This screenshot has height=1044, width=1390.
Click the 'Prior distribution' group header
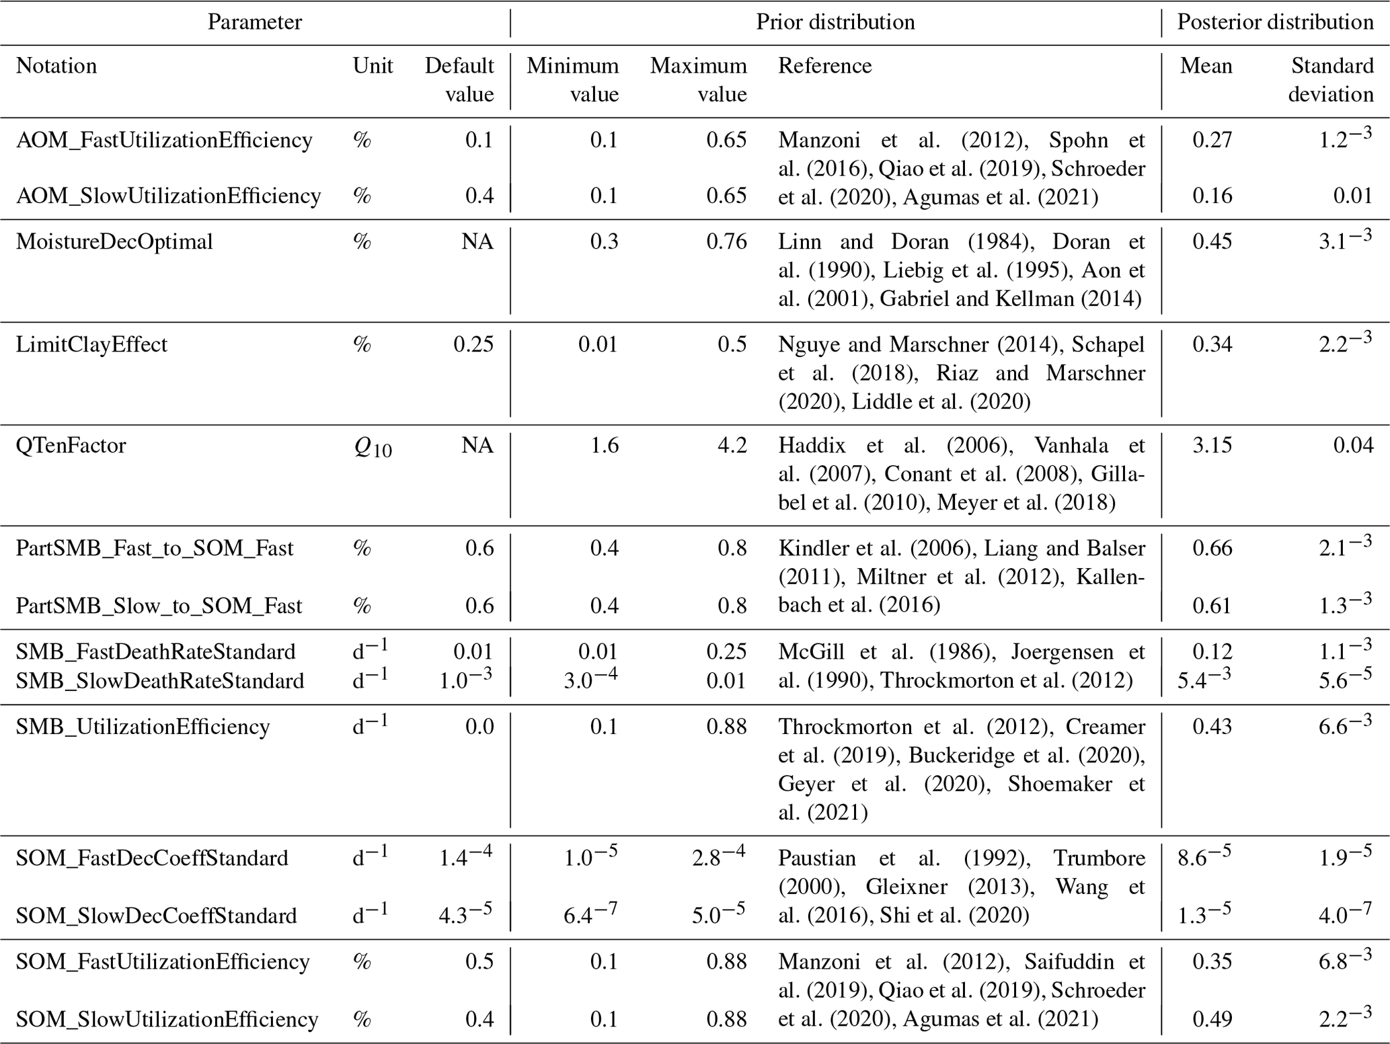pyautogui.click(x=835, y=22)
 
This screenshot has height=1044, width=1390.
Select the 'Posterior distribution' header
pyautogui.click(x=1275, y=22)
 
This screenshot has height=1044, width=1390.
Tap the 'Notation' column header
pyautogui.click(x=56, y=66)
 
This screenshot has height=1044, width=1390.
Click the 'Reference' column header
pyautogui.click(x=824, y=66)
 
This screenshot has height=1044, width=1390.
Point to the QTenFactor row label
pyautogui.click(x=71, y=445)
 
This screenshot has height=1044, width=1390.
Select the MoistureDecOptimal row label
pyautogui.click(x=114, y=241)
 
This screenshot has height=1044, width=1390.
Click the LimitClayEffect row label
pyautogui.click(x=91, y=344)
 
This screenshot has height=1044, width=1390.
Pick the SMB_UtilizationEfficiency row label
pyautogui.click(x=143, y=727)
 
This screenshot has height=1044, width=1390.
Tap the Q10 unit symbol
pyautogui.click(x=373, y=448)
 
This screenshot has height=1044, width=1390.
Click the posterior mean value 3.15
pyautogui.click(x=1212, y=445)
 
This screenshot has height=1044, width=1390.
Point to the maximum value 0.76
pyautogui.click(x=726, y=241)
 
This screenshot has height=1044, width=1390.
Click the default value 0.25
pyautogui.click(x=473, y=344)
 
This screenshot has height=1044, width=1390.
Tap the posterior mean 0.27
pyautogui.click(x=1212, y=140)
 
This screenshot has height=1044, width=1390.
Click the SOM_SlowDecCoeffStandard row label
pyautogui.click(x=156, y=916)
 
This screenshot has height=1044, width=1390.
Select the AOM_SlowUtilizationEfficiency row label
pyautogui.click(x=168, y=196)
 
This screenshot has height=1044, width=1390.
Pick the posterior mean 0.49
pyautogui.click(x=1212, y=1019)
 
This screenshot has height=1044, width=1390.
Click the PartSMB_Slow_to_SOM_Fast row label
pyautogui.click(x=159, y=606)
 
